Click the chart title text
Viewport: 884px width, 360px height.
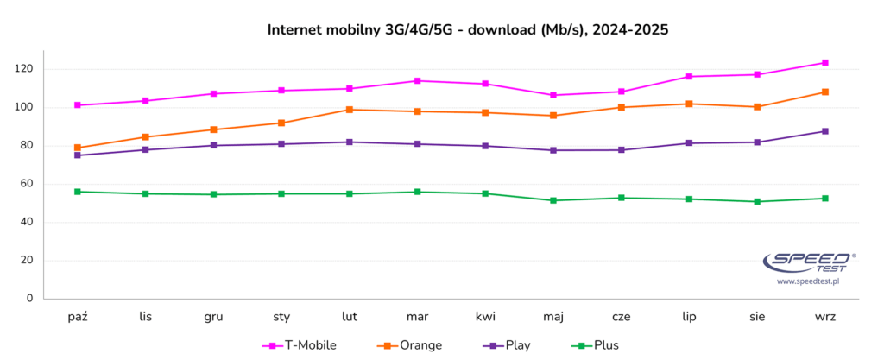click(468, 30)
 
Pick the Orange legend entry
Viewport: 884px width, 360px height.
click(410, 345)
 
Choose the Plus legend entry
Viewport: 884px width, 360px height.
click(595, 345)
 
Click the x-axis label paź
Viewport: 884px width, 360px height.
click(78, 317)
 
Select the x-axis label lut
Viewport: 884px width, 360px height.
click(350, 317)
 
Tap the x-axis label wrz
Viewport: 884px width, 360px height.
click(825, 317)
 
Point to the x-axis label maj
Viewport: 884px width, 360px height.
click(552, 317)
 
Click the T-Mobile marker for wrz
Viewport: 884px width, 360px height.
click(825, 62)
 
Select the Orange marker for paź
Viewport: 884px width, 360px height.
click(78, 148)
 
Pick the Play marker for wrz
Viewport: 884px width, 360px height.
click(825, 131)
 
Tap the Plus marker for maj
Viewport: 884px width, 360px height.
click(553, 200)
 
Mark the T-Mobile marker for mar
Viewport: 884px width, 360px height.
click(418, 81)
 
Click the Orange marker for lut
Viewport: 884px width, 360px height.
click(350, 110)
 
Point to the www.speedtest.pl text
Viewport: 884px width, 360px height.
click(807, 281)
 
